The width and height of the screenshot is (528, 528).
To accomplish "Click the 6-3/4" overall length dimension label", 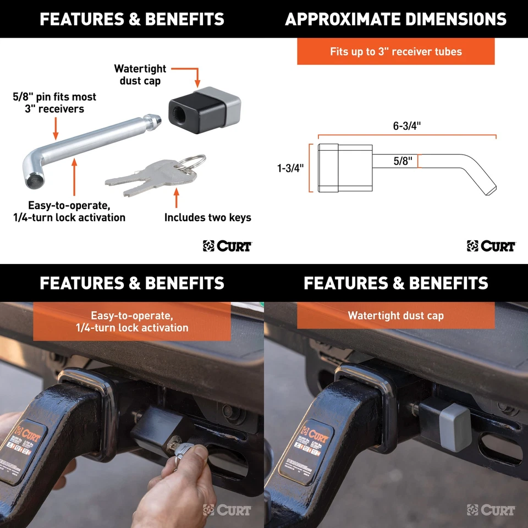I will pyautogui.click(x=406, y=125).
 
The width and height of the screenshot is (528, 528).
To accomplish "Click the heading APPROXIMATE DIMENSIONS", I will pyautogui.click(x=395, y=19).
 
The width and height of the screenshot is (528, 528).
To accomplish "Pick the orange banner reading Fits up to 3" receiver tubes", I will pyautogui.click(x=395, y=52).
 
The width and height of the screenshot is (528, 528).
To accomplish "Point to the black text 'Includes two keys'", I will pyautogui.click(x=207, y=218).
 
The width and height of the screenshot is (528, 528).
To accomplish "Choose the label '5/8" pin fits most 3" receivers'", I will pyautogui.click(x=54, y=103).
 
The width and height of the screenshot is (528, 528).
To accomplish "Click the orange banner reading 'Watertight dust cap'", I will pyautogui.click(x=395, y=316).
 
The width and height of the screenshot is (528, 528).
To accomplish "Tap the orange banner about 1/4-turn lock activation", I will pyautogui.click(x=132, y=322).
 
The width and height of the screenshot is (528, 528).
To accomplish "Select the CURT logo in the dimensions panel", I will pyautogui.click(x=491, y=246).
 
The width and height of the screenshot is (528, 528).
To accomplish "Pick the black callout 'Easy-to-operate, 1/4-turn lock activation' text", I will pyautogui.click(x=70, y=212).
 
